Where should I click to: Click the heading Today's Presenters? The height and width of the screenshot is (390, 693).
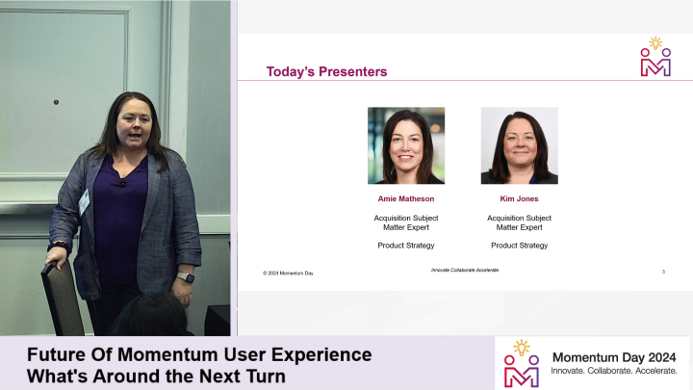pyautogui.click(x=326, y=71)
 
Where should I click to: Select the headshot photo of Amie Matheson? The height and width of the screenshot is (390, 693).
pyautogui.click(x=405, y=145)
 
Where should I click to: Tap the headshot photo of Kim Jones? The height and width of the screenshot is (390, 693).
pyautogui.click(x=519, y=145)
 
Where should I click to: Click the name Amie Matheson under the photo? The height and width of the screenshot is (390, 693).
pyautogui.click(x=405, y=198)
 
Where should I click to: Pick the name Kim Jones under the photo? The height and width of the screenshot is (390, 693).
pyautogui.click(x=519, y=198)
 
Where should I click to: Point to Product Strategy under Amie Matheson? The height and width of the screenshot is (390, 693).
pyautogui.click(x=405, y=246)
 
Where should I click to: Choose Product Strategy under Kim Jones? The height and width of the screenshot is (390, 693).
pyautogui.click(x=519, y=246)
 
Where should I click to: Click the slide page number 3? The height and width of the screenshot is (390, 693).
pyautogui.click(x=663, y=273)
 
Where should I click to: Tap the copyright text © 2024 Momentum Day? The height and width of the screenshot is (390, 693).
pyautogui.click(x=288, y=273)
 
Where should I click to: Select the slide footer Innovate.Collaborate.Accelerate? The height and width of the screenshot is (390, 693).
pyautogui.click(x=465, y=271)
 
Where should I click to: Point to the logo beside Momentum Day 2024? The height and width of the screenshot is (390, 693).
pyautogui.click(x=522, y=362)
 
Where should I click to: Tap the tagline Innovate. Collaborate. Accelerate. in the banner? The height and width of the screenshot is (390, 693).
pyautogui.click(x=613, y=371)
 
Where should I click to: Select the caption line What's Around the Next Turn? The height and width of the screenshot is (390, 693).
pyautogui.click(x=156, y=376)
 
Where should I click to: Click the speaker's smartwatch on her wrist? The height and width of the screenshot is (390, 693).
pyautogui.click(x=186, y=277)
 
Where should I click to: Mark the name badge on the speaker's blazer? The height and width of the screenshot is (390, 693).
pyautogui.click(x=85, y=201)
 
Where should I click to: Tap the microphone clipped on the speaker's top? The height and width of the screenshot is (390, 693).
pyautogui.click(x=121, y=182)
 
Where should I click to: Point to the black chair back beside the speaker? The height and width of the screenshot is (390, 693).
pyautogui.click(x=62, y=299)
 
